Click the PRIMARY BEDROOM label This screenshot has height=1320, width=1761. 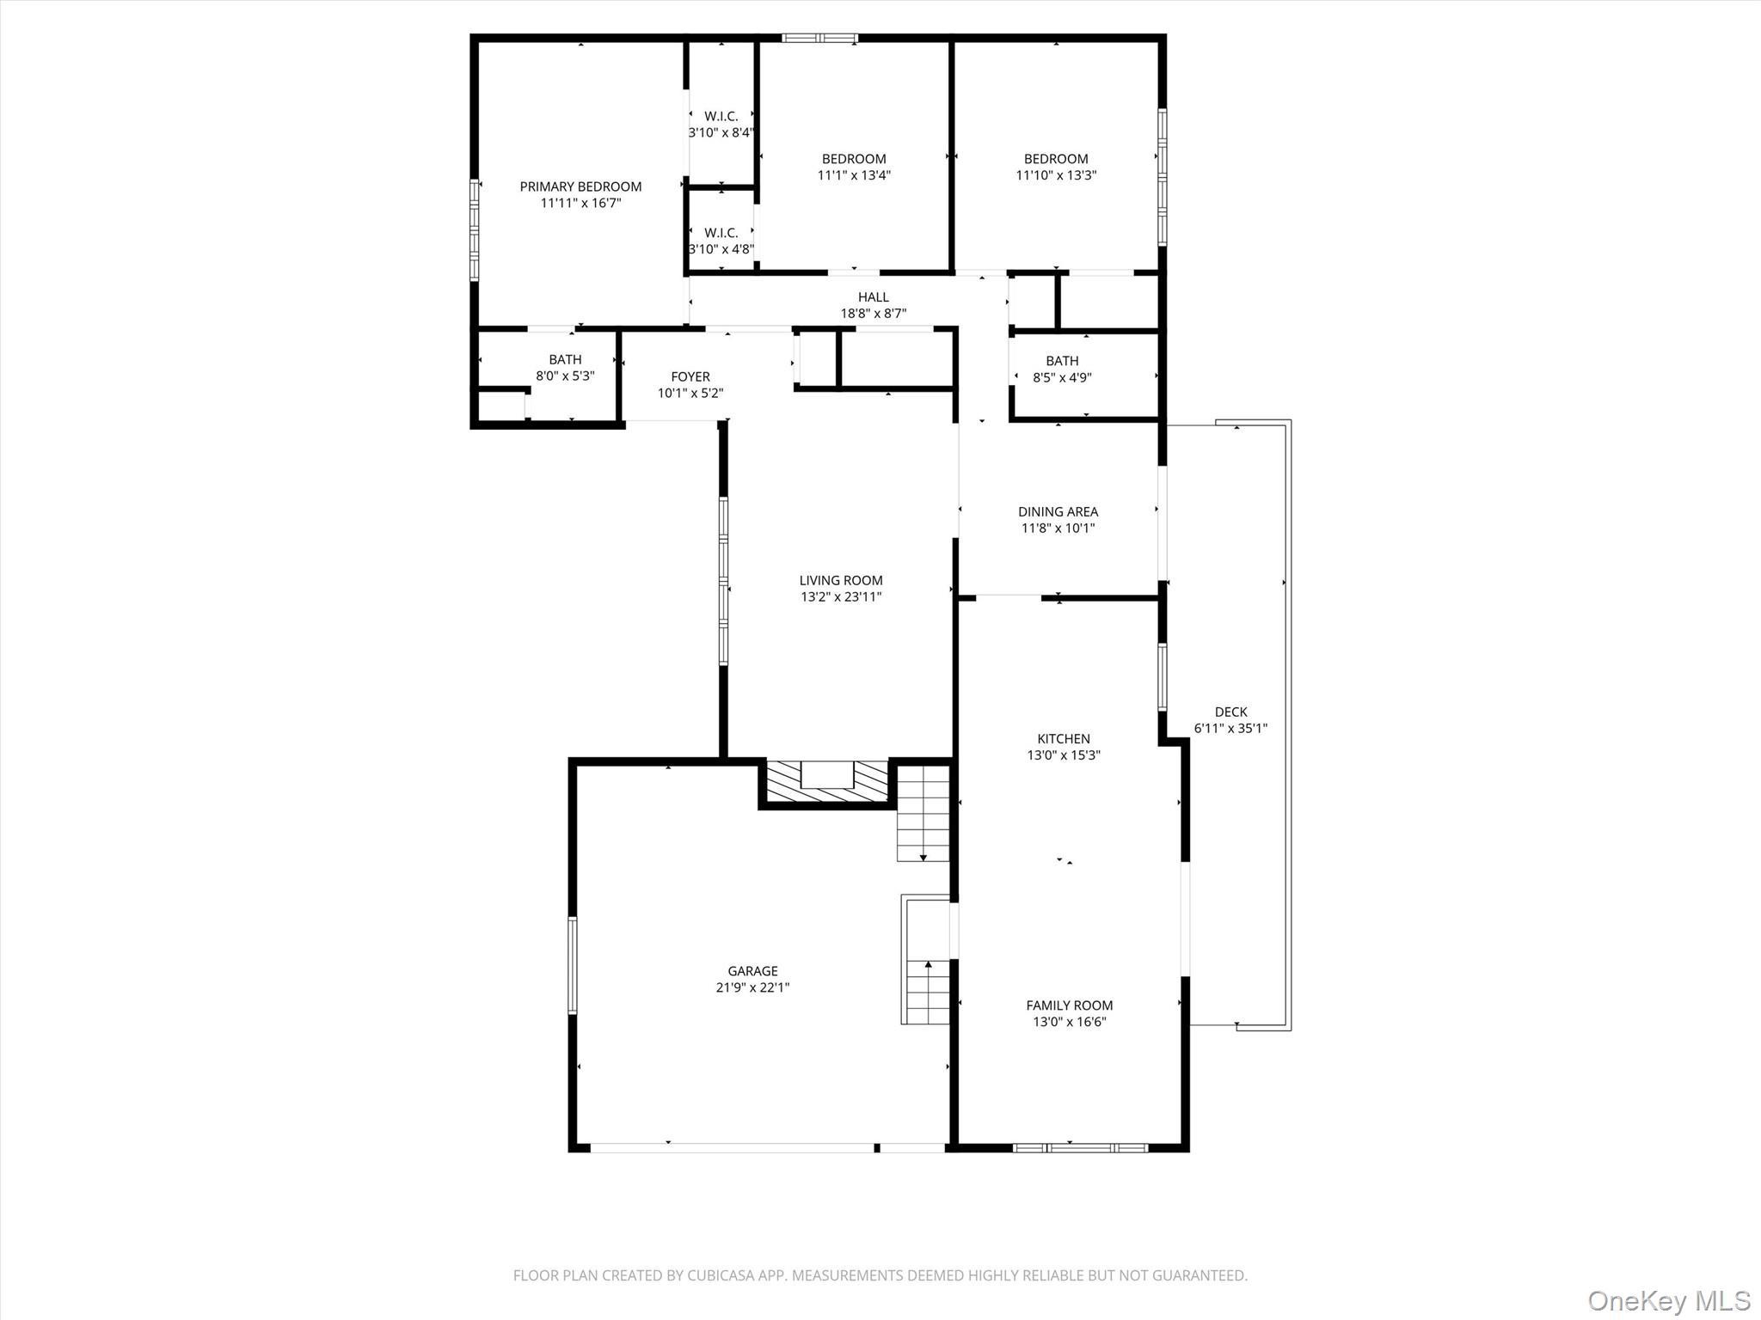[x=580, y=186]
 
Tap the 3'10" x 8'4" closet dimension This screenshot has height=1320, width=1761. [x=721, y=132]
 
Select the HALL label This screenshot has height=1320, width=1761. [x=873, y=297]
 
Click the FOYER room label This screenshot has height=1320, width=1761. [x=690, y=376]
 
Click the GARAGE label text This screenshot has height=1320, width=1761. [x=752, y=971]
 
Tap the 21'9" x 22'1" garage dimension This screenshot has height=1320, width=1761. [x=752, y=988]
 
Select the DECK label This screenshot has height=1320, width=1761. [x=1230, y=712]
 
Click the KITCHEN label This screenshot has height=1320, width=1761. [x=1064, y=738]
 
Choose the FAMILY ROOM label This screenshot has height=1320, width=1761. [x=1069, y=1005]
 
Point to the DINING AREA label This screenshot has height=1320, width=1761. [x=1058, y=511]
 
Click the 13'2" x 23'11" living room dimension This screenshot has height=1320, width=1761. [x=841, y=597]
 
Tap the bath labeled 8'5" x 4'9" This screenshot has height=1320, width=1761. [x=1062, y=369]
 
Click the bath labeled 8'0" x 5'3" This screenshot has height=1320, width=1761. [x=565, y=367]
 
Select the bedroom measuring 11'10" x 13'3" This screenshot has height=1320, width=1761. [x=1056, y=167]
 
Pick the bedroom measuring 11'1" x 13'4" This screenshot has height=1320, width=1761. [x=853, y=167]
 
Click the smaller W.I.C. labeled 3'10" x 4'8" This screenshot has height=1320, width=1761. [x=721, y=241]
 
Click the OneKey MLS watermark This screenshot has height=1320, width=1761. [x=1668, y=1300]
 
